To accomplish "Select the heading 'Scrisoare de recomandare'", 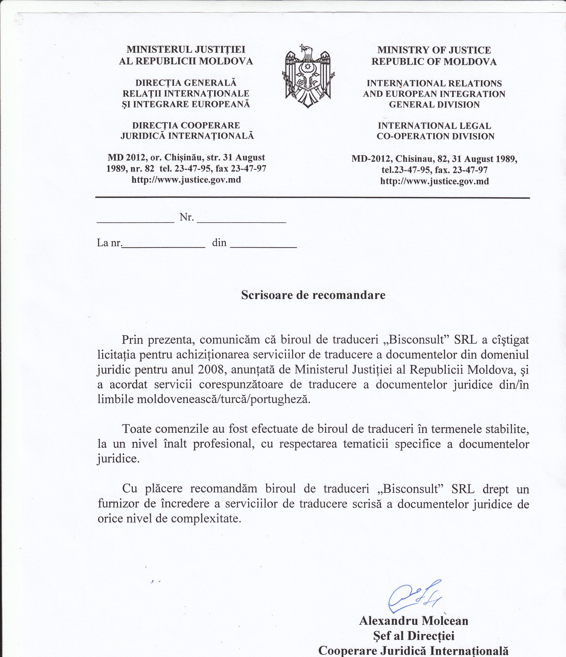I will pyautogui.click(x=313, y=295).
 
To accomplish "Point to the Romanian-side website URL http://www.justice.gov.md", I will pyautogui.click(x=186, y=180).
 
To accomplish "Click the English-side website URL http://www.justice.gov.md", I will pyautogui.click(x=434, y=181).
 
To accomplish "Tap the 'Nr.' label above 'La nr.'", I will pyautogui.click(x=186, y=217).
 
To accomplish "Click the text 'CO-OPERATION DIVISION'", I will pyautogui.click(x=435, y=136).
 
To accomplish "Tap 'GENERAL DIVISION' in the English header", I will pyautogui.click(x=434, y=105).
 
